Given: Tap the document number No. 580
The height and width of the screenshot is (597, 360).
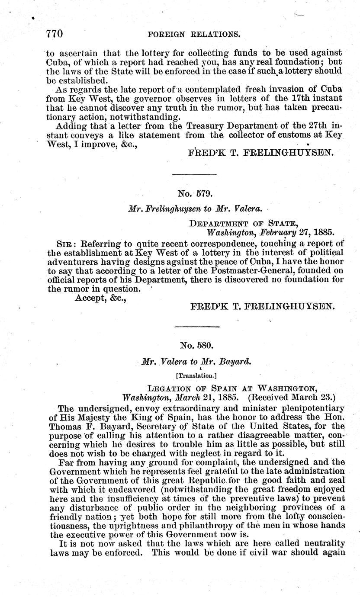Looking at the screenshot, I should pos(195,346).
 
